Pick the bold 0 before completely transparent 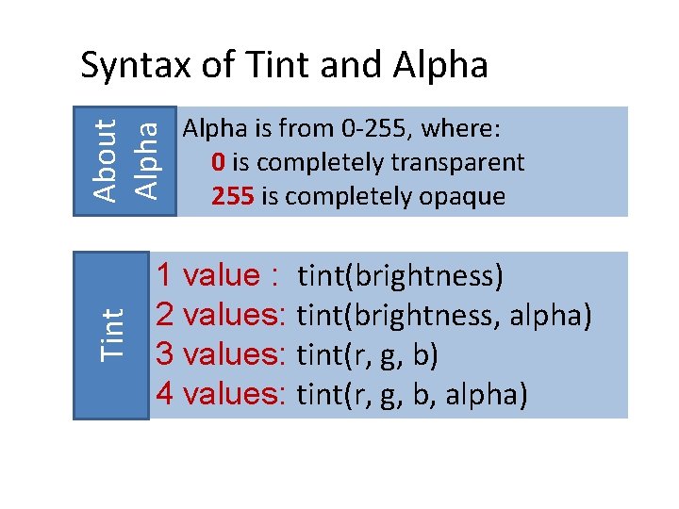218,162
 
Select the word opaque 465,197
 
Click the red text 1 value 216,275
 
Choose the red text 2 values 221,314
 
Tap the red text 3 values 221,353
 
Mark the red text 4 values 221,393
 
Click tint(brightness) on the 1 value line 401,276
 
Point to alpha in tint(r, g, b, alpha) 484,394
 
